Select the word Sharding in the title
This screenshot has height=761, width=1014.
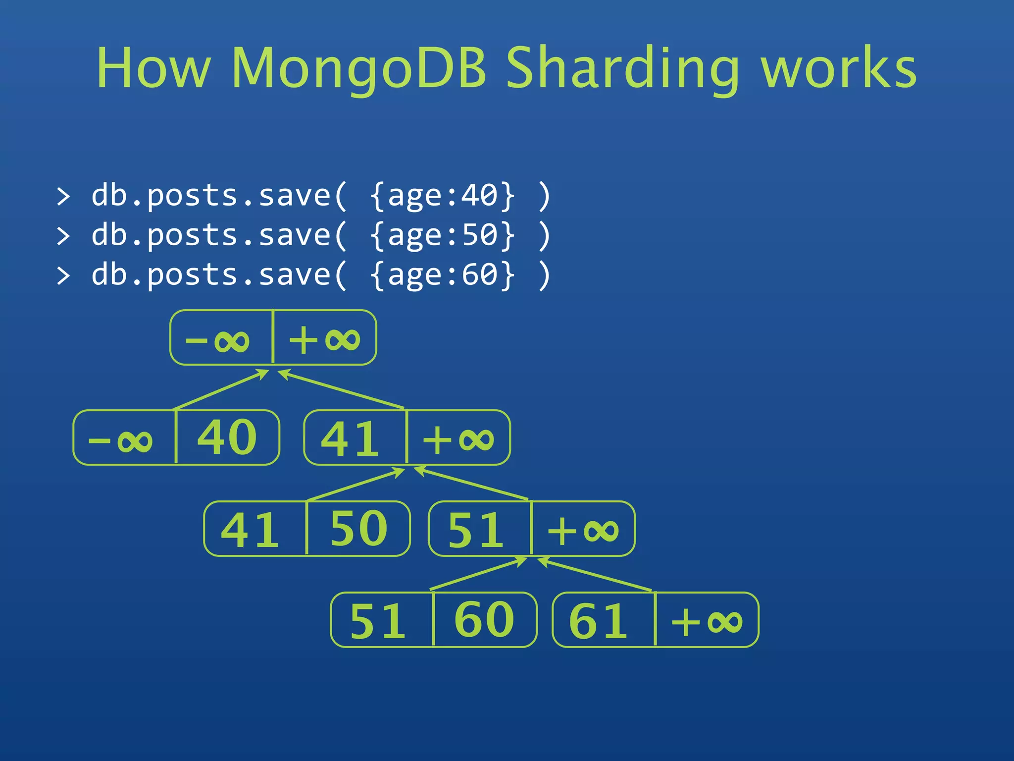pyautogui.click(x=623, y=68)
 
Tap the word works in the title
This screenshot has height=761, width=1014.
pyautogui.click(x=838, y=68)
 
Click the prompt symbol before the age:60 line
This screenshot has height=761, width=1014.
pyautogui.click(x=63, y=275)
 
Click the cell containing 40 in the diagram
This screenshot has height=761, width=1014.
pyautogui.click(x=227, y=437)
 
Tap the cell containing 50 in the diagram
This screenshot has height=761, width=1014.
pyautogui.click(x=358, y=529)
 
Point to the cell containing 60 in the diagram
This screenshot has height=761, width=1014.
pyautogui.click(x=484, y=620)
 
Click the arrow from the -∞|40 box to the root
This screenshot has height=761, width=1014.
pyautogui.click(x=221, y=390)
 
